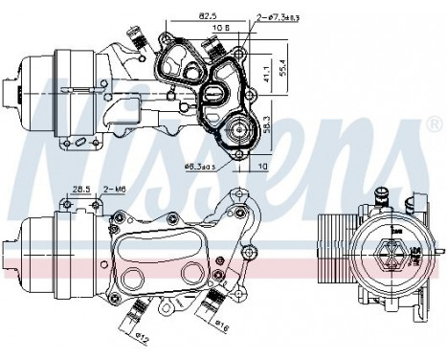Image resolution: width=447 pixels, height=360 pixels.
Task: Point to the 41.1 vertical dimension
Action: (x=265, y=71)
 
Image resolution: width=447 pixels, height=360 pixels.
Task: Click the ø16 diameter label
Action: (x=223, y=329)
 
